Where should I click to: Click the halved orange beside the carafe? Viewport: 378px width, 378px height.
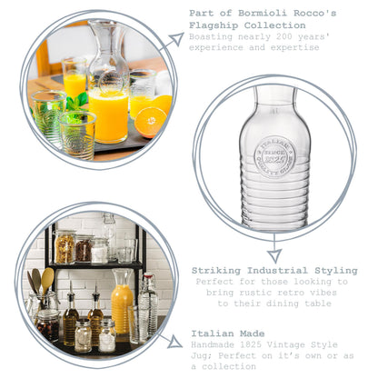click(x=150, y=120)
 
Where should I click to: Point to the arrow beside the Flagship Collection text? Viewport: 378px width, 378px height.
click(x=173, y=39)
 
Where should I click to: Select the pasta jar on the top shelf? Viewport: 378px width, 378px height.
click(x=65, y=247)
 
